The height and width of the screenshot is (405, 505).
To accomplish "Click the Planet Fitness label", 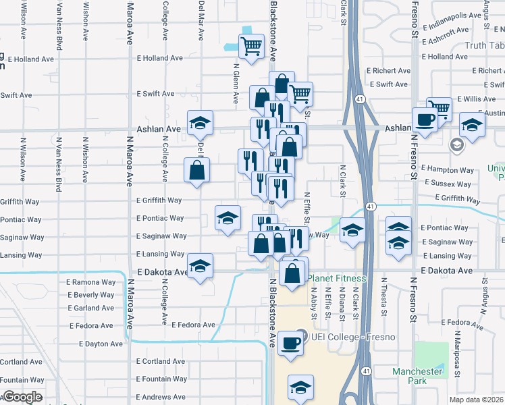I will tap(337, 278).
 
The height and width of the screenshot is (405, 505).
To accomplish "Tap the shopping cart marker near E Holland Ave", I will tap(251, 47).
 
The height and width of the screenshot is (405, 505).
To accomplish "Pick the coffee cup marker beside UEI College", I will tap(290, 342).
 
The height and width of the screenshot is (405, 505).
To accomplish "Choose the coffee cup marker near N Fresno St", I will tap(424, 119).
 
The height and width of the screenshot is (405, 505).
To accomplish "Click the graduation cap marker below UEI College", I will tap(300, 387).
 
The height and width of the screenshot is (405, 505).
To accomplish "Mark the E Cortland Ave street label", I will tap(161, 361).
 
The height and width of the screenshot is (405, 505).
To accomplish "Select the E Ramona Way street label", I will tap(90, 281).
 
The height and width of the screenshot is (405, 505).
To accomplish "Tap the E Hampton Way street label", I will tap(447, 170).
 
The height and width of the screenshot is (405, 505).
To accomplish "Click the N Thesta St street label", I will tap(383, 296).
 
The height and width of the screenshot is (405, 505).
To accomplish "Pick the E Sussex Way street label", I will tap(447, 183).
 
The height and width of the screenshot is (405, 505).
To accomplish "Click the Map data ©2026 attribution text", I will tap(477, 400).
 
